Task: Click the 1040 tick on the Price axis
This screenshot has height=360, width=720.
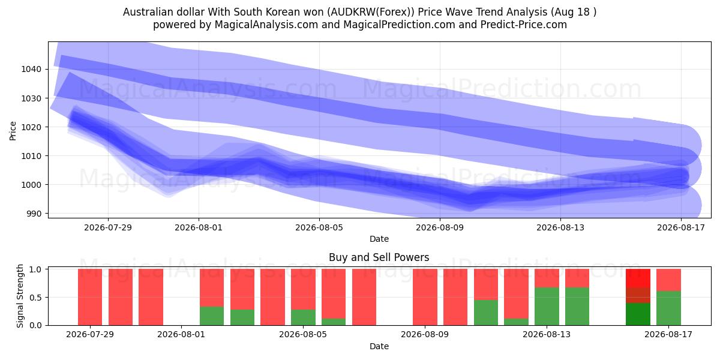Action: tap(31, 69)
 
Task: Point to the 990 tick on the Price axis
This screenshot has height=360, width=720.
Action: tap(34, 214)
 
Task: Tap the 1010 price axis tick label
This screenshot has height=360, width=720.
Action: tap(31, 156)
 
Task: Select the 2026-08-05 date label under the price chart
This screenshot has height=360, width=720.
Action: tap(319, 227)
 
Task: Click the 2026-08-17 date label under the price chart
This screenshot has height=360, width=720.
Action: tap(681, 227)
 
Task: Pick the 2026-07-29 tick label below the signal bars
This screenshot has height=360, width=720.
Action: tap(90, 334)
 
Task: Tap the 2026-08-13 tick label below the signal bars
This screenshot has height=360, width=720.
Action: tap(547, 334)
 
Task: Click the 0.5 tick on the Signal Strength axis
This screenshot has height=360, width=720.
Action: tap(35, 298)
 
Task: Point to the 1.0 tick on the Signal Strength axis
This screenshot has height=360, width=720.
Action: tap(35, 269)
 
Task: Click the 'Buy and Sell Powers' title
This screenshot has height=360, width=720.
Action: tap(379, 257)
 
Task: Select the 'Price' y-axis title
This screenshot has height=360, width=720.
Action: tap(13, 131)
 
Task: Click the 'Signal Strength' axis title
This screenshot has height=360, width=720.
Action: tap(20, 296)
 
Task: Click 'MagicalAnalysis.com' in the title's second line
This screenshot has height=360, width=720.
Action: tap(266, 25)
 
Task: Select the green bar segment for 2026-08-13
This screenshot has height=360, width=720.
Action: tap(547, 307)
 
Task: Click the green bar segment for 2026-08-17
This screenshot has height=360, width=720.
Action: tap(668, 308)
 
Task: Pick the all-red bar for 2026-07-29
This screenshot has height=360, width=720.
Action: tap(90, 297)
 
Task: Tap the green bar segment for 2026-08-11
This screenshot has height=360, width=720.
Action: tap(486, 313)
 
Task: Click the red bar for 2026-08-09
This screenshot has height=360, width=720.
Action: tap(425, 297)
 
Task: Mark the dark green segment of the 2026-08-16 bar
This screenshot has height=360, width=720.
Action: tap(638, 314)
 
